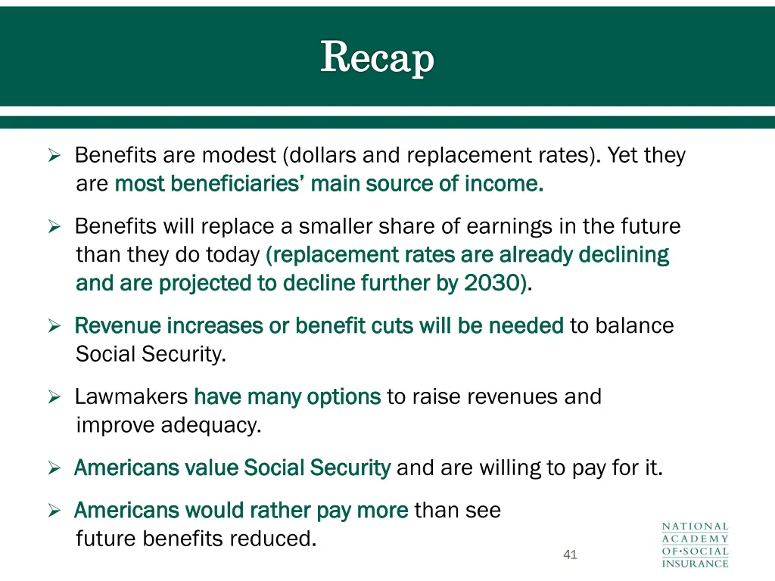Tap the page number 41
570,555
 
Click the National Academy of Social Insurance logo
695,545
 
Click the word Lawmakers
130,397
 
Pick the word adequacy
210,426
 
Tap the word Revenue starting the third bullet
117,326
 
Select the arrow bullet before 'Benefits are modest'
54,157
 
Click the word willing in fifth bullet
510,468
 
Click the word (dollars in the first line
320,156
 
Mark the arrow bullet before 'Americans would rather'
54,511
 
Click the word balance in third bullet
634,326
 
